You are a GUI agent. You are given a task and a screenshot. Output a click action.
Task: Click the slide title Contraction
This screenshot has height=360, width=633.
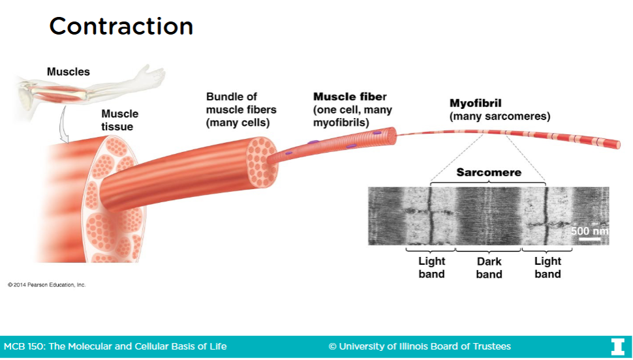(121, 26)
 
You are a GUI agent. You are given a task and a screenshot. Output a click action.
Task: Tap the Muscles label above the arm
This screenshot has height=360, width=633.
(68, 72)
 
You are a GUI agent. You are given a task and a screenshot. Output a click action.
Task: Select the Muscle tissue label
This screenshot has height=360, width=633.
(119, 120)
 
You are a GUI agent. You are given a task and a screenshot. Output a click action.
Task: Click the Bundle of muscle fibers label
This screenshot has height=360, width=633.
(241, 110)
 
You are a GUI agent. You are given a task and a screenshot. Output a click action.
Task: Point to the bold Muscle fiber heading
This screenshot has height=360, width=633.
(350, 97)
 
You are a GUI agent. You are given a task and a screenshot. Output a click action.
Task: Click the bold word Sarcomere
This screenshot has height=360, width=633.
(489, 172)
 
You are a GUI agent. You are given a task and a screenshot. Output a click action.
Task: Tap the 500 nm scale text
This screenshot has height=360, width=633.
(589, 231)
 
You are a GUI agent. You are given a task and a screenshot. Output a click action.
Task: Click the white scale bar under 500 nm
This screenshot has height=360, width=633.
(589, 239)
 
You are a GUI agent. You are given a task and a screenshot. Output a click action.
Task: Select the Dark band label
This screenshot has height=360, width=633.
(489, 268)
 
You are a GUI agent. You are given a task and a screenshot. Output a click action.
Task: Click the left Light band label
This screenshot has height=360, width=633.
(431, 268)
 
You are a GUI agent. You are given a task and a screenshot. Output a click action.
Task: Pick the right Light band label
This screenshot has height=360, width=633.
(548, 268)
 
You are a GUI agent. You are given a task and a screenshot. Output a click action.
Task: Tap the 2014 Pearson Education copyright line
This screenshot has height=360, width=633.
(46, 285)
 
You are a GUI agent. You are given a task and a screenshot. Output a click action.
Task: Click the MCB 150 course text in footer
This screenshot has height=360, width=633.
(116, 346)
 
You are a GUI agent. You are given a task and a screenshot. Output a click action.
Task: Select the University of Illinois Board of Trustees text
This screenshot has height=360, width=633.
(420, 346)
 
